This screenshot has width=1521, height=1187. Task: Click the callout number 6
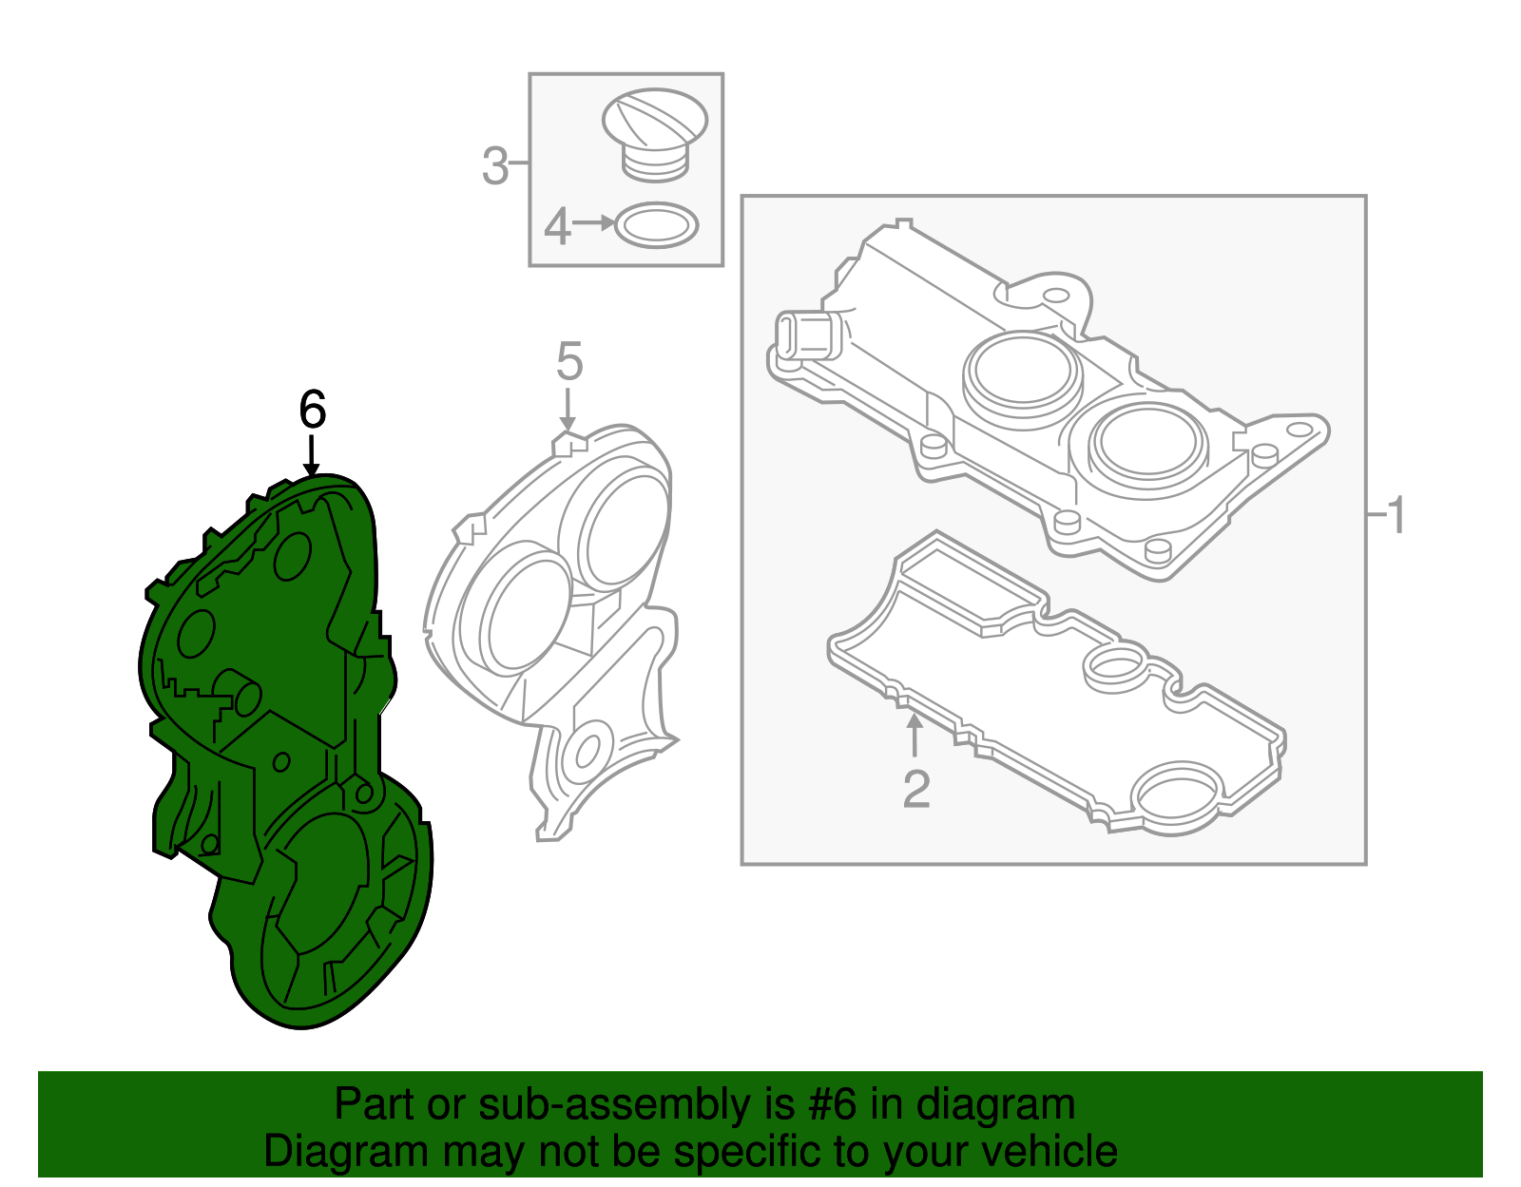click(x=312, y=410)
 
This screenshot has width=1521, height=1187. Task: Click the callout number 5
click(x=569, y=361)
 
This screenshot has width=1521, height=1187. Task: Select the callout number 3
click(x=495, y=166)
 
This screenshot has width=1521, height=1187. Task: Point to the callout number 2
click(x=916, y=789)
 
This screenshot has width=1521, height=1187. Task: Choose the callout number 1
click(x=1396, y=515)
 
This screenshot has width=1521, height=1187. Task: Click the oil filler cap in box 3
click(x=654, y=135)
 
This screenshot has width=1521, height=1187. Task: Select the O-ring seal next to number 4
click(x=656, y=226)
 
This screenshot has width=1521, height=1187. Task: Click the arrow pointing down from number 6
click(x=312, y=456)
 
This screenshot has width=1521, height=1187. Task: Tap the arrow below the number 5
click(x=568, y=410)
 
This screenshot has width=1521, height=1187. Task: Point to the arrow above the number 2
click(x=914, y=735)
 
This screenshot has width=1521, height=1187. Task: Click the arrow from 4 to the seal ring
click(x=593, y=223)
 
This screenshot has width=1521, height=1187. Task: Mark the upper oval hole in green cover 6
click(x=293, y=557)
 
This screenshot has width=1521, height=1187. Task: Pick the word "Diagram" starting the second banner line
click(x=345, y=1153)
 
